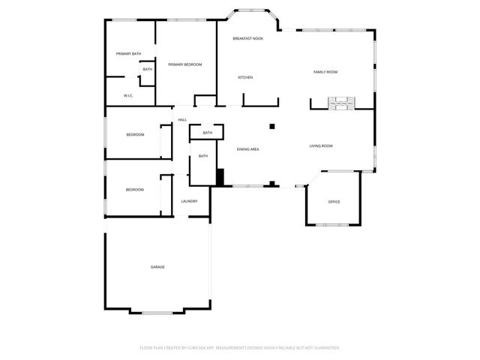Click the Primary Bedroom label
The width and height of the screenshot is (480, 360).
185,64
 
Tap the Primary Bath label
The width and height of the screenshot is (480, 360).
128,54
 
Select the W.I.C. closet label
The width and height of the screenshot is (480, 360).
128,95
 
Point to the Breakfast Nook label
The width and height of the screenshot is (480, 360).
247,38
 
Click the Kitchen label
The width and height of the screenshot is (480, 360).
245,77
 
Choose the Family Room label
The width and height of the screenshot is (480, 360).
325,72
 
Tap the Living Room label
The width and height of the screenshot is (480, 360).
321,145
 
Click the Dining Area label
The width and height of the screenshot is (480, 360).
248,149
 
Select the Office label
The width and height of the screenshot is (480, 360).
334,202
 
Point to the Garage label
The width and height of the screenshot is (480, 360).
157,267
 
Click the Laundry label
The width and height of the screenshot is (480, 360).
189,201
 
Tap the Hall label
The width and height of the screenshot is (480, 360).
182,119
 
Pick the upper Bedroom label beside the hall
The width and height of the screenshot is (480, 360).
135,134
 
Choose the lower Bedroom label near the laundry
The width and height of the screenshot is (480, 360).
135,190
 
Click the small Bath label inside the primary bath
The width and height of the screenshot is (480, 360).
147,70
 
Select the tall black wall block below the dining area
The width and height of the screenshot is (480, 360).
220,177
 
